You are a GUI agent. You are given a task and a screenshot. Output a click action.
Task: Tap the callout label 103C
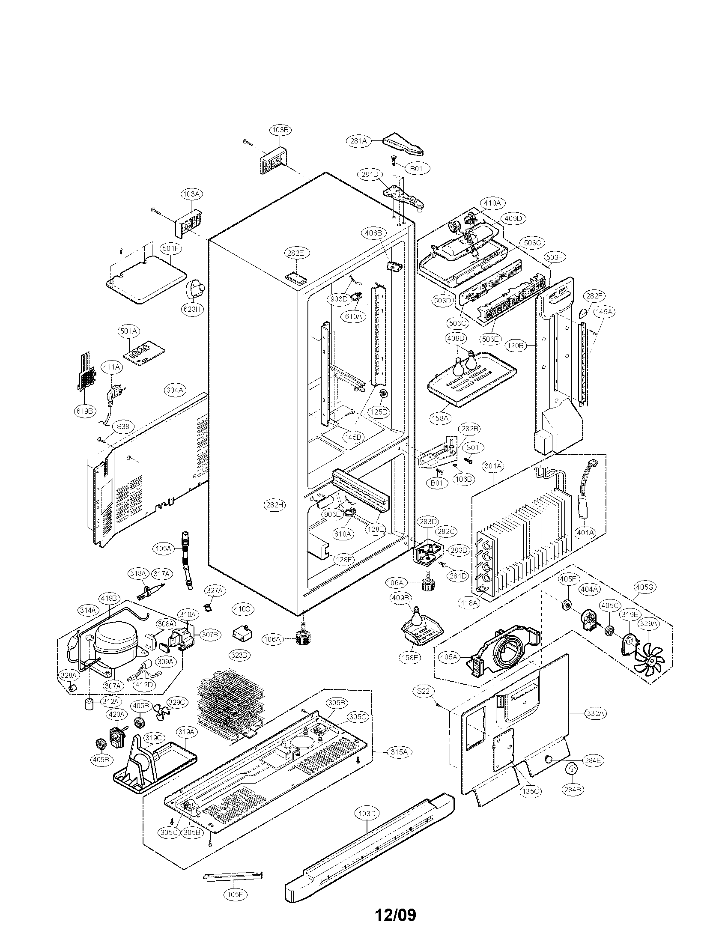click(x=367, y=814)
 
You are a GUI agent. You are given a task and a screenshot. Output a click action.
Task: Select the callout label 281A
click(x=359, y=140)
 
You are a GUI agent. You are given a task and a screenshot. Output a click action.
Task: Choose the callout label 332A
click(x=595, y=713)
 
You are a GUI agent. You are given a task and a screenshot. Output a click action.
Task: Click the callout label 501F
click(x=170, y=248)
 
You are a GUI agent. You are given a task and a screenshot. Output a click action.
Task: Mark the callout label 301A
click(x=493, y=466)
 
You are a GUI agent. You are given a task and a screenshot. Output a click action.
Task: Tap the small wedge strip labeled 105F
click(x=233, y=876)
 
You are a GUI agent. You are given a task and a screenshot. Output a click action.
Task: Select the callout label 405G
click(x=645, y=587)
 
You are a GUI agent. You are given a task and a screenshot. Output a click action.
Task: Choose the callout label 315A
click(x=400, y=752)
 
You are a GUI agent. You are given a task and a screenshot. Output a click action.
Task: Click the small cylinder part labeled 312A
click(x=89, y=705)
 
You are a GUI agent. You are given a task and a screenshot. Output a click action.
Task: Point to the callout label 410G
click(x=242, y=609)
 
